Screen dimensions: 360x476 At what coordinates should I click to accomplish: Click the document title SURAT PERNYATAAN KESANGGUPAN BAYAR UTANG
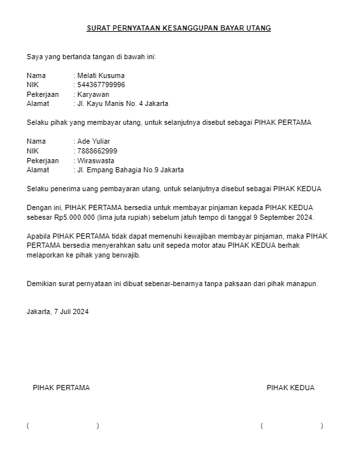(179, 29)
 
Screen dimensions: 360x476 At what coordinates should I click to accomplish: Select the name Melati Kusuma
(101, 75)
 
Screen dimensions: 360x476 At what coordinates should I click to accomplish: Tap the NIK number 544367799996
(101, 85)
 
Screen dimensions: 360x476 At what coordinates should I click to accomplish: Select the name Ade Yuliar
(94, 141)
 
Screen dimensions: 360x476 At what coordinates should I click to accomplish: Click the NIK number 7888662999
(97, 151)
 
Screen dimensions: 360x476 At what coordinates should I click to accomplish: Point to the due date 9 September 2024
(283, 217)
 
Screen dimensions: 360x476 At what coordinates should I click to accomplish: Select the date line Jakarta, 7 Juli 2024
(58, 311)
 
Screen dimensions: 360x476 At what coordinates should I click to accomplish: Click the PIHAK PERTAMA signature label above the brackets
(61, 388)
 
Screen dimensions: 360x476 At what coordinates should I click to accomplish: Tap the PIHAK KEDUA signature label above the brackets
(290, 388)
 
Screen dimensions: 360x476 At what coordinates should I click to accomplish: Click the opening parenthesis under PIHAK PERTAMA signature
(28, 425)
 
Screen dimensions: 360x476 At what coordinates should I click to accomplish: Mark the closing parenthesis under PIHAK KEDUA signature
(322, 425)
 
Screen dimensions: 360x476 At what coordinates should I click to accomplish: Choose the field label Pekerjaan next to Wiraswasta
(42, 160)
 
